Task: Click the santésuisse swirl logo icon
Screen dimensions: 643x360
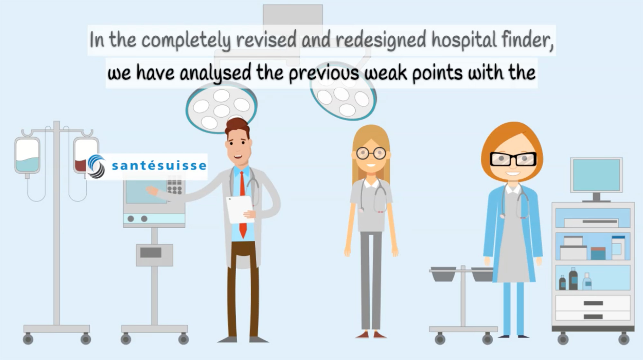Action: [x=96, y=166]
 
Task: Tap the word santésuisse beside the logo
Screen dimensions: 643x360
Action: [x=159, y=166]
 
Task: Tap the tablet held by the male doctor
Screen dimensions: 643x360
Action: [x=240, y=209]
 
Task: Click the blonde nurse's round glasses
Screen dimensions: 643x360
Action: [x=371, y=153]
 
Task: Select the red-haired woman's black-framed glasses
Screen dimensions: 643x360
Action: [x=513, y=159]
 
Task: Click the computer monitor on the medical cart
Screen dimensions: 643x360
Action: [x=596, y=175]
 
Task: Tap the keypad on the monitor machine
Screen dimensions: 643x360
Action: [x=174, y=184]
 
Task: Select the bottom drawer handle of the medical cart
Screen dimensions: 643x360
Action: [x=593, y=317]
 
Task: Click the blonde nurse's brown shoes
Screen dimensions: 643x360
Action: [x=371, y=335]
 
